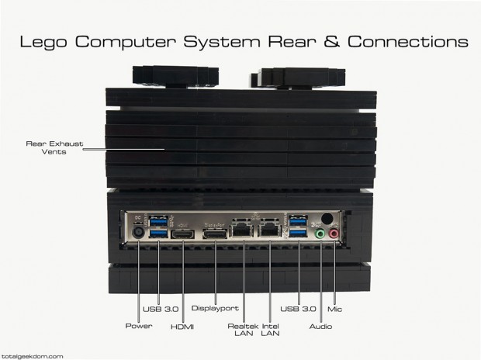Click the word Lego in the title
click(x=43, y=42)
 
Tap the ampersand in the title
click(x=331, y=41)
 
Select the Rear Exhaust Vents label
click(x=54, y=147)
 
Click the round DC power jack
click(x=138, y=232)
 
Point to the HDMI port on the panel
click(x=182, y=234)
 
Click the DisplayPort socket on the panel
click(x=215, y=234)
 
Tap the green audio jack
click(x=320, y=234)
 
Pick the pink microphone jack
click(x=334, y=234)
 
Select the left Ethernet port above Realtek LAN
click(x=241, y=228)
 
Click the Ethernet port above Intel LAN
click(x=270, y=228)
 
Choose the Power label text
click(x=139, y=326)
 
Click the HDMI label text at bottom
click(x=182, y=327)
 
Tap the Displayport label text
click(x=215, y=308)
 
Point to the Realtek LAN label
click(x=244, y=330)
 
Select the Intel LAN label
click(x=270, y=330)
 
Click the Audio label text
click(x=320, y=326)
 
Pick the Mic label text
click(x=334, y=309)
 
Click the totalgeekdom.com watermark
click(x=32, y=356)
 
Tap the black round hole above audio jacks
click(x=327, y=218)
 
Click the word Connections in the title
click(x=407, y=41)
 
